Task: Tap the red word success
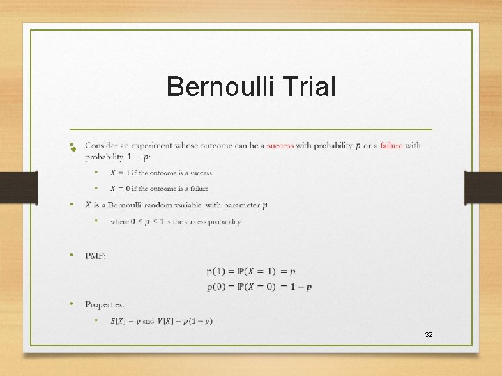(x=280, y=146)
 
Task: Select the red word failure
(x=391, y=146)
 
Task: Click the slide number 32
(x=429, y=335)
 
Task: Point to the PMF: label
(x=96, y=256)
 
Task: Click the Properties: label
(x=105, y=304)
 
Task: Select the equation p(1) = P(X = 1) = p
(x=251, y=272)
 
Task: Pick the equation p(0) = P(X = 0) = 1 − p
(x=259, y=287)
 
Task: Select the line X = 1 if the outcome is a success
(x=160, y=173)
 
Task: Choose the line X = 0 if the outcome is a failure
(x=159, y=188)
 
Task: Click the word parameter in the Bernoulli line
(x=239, y=205)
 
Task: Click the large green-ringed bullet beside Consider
(x=73, y=148)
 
